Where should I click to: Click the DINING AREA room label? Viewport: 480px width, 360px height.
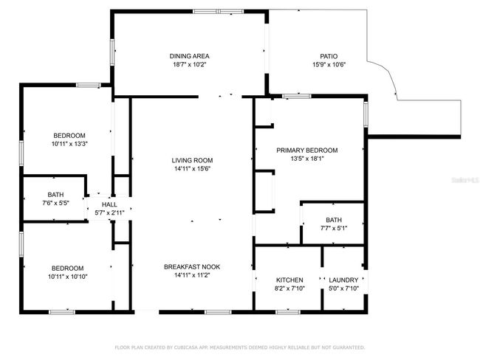click(x=190, y=56)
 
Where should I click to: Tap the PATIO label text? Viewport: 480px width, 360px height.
click(x=329, y=56)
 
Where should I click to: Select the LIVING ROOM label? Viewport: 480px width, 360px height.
click(x=192, y=160)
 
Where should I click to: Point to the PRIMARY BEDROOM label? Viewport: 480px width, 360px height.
click(x=307, y=150)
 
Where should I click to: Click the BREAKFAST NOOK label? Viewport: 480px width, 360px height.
click(x=192, y=267)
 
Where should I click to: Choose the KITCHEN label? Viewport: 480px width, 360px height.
click(x=289, y=280)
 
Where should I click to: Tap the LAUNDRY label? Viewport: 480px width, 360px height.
click(x=343, y=280)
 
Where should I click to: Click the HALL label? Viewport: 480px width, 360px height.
click(x=109, y=204)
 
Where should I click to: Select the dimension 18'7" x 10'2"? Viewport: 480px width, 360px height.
click(x=190, y=64)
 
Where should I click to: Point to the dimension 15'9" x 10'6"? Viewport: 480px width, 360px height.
click(x=329, y=64)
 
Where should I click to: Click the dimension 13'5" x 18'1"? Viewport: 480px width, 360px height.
click(x=307, y=159)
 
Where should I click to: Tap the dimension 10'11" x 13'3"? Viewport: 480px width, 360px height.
click(x=69, y=144)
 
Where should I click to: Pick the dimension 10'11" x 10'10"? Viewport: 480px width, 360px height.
click(x=68, y=277)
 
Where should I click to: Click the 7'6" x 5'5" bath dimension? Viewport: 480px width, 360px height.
click(x=55, y=203)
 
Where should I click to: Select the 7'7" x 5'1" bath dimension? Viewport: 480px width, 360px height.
click(x=334, y=228)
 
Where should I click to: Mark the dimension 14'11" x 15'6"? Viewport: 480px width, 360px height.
click(x=192, y=168)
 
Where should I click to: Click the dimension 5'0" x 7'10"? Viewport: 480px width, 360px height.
click(x=343, y=288)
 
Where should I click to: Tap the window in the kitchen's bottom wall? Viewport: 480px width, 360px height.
click(x=288, y=312)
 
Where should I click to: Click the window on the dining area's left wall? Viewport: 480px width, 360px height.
click(x=112, y=52)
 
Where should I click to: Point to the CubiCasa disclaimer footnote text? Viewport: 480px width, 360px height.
click(x=240, y=347)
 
